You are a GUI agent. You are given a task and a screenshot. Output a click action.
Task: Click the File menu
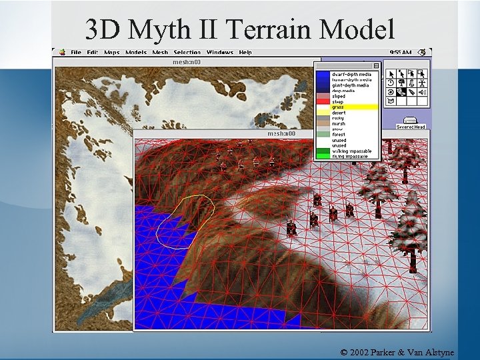click(x=76, y=52)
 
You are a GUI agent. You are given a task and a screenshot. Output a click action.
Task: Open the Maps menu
click(x=111, y=52)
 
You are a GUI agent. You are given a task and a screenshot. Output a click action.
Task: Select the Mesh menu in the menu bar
click(x=160, y=52)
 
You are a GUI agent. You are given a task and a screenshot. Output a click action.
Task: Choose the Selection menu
click(x=187, y=52)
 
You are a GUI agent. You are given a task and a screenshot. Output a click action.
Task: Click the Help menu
click(x=245, y=52)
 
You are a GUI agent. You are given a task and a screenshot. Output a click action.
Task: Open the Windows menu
click(x=219, y=52)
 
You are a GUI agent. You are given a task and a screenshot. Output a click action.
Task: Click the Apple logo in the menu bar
click(x=61, y=52)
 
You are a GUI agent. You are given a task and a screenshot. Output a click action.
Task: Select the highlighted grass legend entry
click(x=339, y=107)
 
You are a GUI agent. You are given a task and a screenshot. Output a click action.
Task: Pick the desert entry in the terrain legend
click(x=339, y=113)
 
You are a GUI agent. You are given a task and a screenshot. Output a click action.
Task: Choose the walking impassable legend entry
click(x=351, y=151)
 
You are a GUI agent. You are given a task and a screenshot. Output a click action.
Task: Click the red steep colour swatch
click(x=323, y=102)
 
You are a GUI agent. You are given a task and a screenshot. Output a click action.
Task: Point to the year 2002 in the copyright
click(x=362, y=351)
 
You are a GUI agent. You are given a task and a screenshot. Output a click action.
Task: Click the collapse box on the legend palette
click(x=376, y=65)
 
